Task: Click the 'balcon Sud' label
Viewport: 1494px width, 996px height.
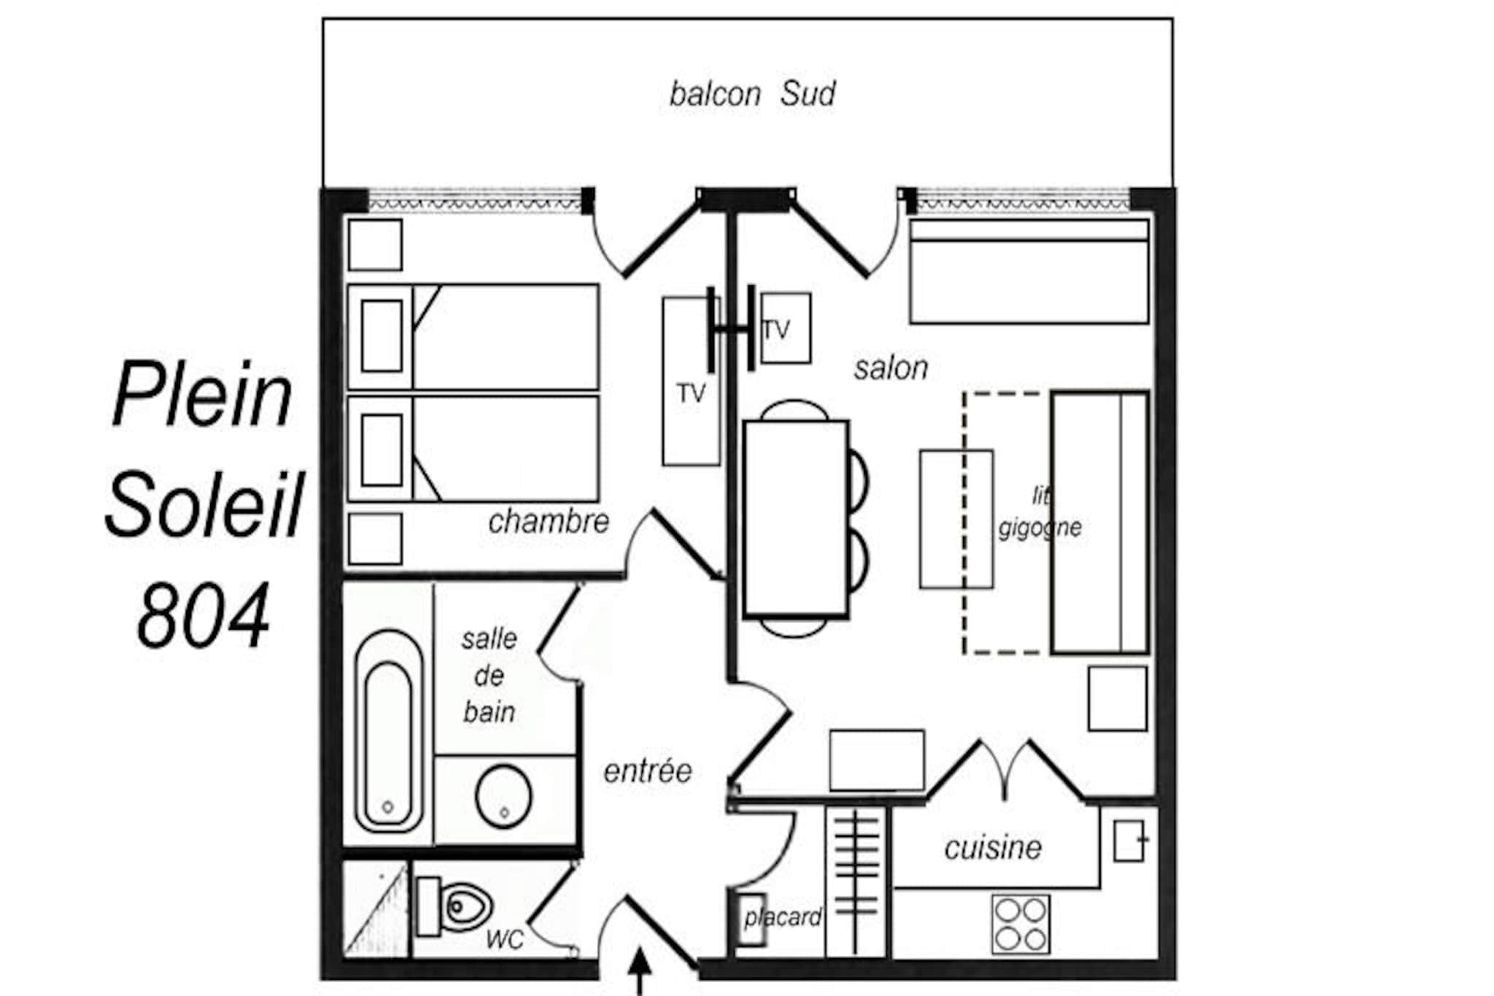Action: point(752,94)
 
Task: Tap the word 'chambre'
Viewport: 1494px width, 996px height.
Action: point(549,522)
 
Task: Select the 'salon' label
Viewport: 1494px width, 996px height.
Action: point(891,368)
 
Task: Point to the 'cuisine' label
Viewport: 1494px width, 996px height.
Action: point(993,848)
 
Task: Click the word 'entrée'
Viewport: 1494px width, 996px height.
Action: point(647,771)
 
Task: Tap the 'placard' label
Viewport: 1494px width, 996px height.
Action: point(783,917)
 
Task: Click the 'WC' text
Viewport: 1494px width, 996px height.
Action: point(505,940)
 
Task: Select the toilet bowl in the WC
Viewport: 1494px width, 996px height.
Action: point(455,907)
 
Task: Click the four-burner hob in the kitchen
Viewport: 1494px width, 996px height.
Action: point(1021,924)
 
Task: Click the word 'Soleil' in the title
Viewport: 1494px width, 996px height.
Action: point(204,503)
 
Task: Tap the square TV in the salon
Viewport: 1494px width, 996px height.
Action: point(785,328)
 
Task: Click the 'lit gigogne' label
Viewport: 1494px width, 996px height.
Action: point(1040,512)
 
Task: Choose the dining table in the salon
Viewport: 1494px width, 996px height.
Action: point(796,519)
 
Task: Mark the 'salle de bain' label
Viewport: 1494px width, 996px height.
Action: point(489,676)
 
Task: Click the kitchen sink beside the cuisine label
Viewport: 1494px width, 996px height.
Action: point(1129,841)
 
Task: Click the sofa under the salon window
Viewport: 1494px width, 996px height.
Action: point(1029,271)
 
